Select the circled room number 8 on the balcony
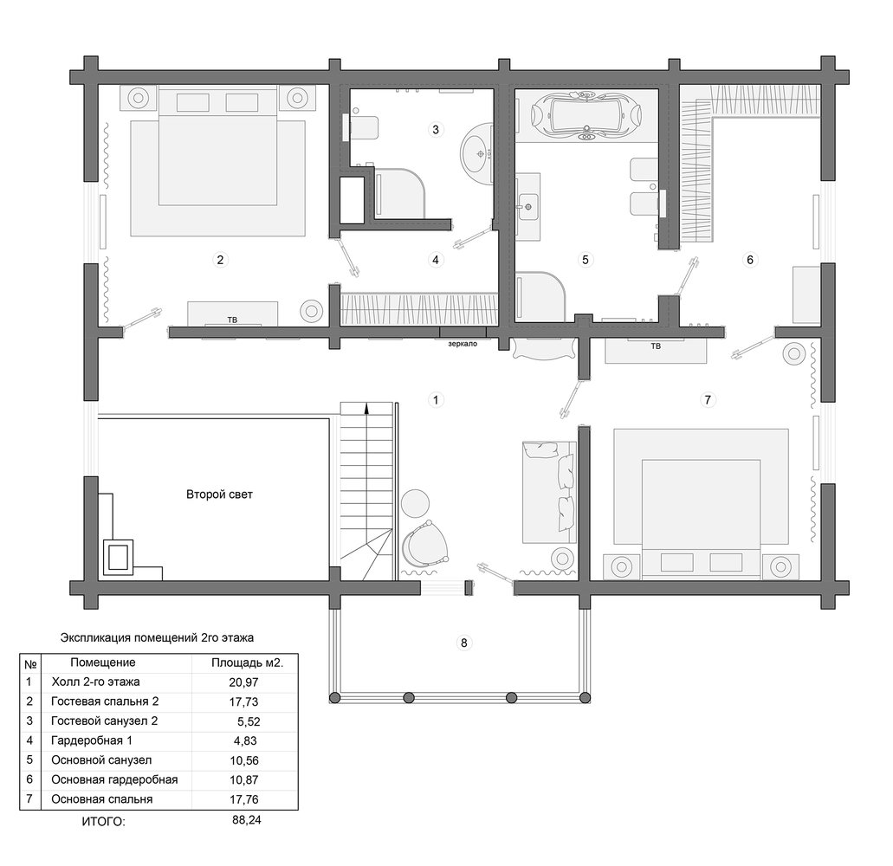click(x=464, y=643)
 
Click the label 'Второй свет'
click(x=219, y=494)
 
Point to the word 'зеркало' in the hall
click(x=463, y=344)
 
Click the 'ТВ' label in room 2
click(x=232, y=320)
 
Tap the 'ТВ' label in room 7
click(x=656, y=346)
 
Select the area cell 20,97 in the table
click(x=243, y=682)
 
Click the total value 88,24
click(x=247, y=820)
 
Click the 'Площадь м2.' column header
click(x=247, y=662)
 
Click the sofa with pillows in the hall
click(x=548, y=492)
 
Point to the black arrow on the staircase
click(x=366, y=408)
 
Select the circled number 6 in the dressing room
click(x=750, y=260)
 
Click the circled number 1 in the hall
click(x=436, y=400)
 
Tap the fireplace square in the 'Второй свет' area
click(x=119, y=557)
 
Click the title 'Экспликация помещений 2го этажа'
click(x=157, y=637)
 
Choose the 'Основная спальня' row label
click(x=102, y=799)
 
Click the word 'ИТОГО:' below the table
click(x=103, y=822)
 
